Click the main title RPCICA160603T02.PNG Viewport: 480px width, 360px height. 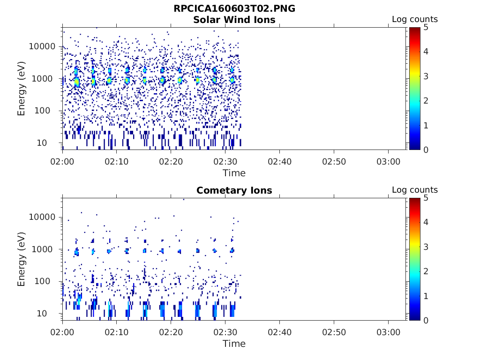[x=234, y=8]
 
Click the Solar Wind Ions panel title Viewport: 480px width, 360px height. [x=234, y=20]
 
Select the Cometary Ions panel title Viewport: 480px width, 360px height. [x=234, y=190]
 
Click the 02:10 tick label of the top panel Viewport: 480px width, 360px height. [x=117, y=161]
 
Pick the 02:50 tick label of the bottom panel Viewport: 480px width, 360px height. [x=334, y=332]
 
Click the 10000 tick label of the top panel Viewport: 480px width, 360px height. [x=42, y=46]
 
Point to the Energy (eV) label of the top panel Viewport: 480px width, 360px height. [x=22, y=89]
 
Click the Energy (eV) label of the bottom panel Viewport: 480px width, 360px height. [x=22, y=259]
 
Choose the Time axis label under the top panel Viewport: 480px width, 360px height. [x=234, y=173]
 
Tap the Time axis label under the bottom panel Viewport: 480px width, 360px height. [x=234, y=344]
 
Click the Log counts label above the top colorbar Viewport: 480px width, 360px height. [x=415, y=19]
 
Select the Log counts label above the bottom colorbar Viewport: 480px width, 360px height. [x=415, y=190]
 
